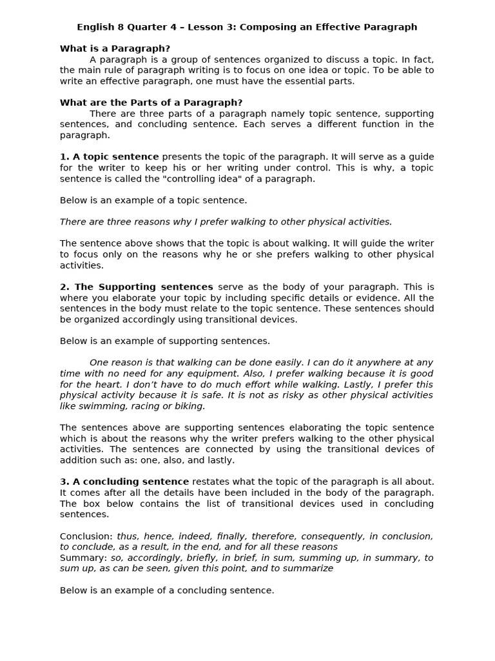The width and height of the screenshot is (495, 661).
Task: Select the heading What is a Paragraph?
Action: click(x=115, y=48)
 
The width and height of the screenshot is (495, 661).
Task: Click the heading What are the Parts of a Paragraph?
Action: click(x=151, y=103)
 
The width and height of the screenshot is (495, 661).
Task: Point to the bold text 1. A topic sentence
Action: click(x=109, y=157)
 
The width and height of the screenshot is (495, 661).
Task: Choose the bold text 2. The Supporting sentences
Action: click(x=136, y=287)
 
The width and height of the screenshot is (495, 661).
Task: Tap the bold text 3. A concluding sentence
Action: click(x=124, y=482)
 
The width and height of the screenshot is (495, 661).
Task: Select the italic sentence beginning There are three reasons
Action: click(x=226, y=222)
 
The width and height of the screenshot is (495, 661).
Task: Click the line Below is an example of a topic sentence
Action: click(x=153, y=200)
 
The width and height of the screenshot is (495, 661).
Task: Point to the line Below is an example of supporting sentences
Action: click(x=165, y=341)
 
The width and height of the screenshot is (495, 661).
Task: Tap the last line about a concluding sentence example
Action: click(x=167, y=590)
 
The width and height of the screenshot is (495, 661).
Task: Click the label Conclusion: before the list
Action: click(x=86, y=536)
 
